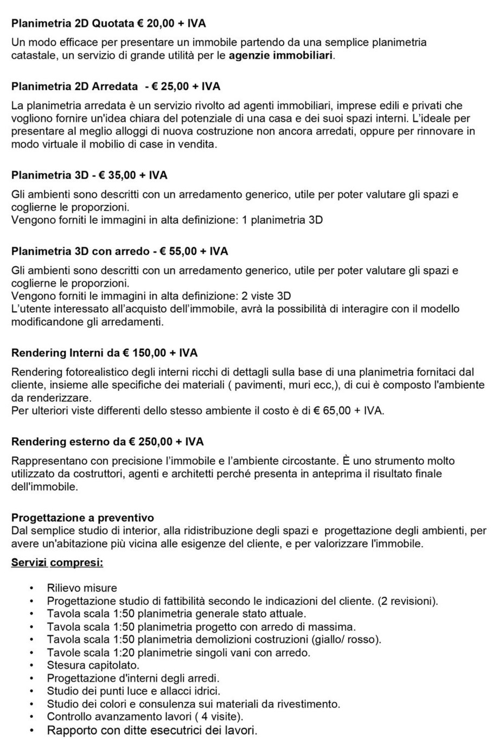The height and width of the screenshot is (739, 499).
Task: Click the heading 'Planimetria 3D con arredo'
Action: [x=80, y=251]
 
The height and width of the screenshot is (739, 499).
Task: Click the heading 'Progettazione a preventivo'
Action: [x=82, y=517]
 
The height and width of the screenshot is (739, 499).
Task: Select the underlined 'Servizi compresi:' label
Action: [x=57, y=562]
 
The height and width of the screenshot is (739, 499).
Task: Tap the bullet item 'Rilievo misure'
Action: [x=82, y=588]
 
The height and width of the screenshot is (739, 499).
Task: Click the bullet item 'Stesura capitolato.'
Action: [x=93, y=665]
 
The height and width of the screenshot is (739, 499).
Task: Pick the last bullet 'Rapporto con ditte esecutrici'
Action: [x=152, y=730]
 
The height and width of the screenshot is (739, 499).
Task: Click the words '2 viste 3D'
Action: [x=266, y=295]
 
